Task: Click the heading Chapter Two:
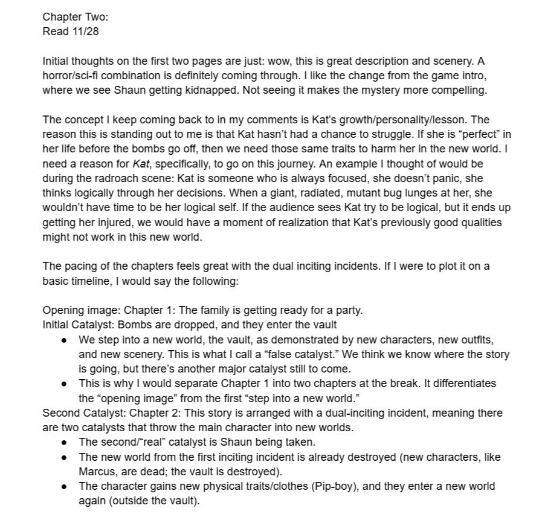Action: click(75, 17)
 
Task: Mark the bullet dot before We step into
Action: click(64, 340)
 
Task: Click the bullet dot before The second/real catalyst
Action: click(64, 442)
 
